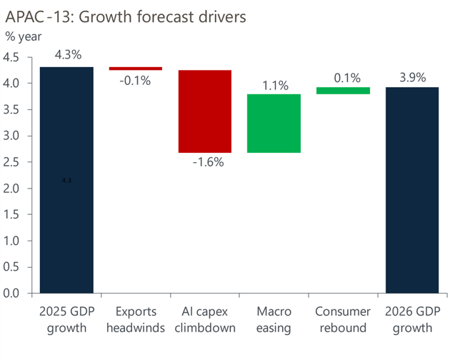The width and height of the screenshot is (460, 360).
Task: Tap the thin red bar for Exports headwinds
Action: click(136, 69)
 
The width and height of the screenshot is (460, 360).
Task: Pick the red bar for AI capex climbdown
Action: click(205, 111)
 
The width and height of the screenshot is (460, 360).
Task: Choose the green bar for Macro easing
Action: click(274, 124)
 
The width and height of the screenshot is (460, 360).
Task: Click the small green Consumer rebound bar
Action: click(344, 91)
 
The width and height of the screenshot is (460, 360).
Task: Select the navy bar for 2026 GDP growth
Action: click(413, 190)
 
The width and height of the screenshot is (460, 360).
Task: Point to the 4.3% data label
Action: click(67, 54)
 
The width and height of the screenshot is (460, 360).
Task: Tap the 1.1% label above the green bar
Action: click(275, 86)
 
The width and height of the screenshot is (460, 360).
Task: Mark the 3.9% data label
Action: click(413, 77)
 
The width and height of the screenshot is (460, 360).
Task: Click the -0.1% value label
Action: click(134, 81)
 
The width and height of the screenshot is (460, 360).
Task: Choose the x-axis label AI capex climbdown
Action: click(205, 320)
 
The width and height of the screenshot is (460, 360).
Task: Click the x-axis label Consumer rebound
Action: click(344, 320)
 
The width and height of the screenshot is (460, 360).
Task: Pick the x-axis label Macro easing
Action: click(274, 320)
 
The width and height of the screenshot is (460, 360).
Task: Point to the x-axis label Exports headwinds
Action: click(136, 320)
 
